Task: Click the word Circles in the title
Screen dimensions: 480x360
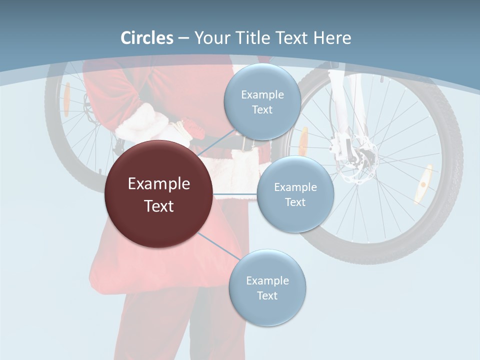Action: (x=147, y=38)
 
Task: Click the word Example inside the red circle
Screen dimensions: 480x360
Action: (x=158, y=184)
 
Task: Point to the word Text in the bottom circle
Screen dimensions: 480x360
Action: (x=267, y=296)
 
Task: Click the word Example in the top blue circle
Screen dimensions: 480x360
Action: (x=262, y=95)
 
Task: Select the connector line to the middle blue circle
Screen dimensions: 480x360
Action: (x=235, y=194)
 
